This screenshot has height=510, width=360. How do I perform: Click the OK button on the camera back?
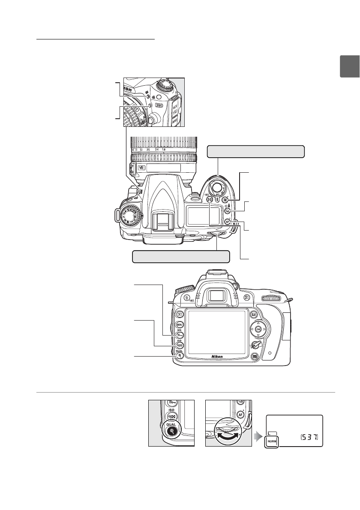coord(258,329)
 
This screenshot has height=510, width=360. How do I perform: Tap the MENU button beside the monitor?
coord(180,324)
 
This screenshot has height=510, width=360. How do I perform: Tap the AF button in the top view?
coord(228,222)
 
